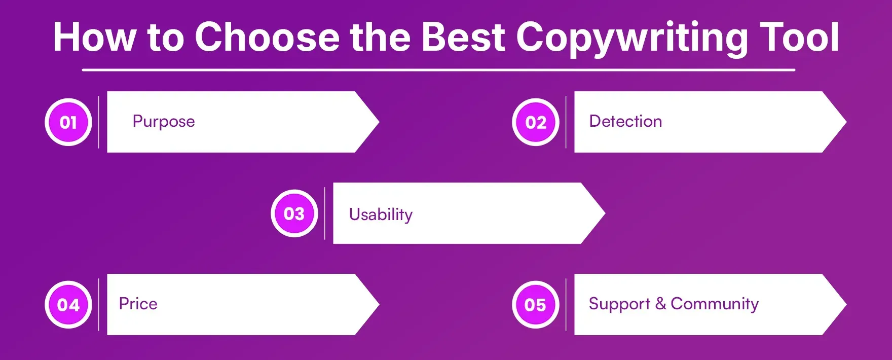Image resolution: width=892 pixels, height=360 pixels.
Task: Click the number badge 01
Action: (x=68, y=122)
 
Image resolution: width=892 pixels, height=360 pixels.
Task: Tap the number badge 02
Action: (x=536, y=122)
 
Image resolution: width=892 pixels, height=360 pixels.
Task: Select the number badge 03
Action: (x=294, y=213)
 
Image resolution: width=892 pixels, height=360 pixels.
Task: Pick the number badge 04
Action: (x=68, y=305)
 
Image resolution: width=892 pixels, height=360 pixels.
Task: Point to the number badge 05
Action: (x=536, y=305)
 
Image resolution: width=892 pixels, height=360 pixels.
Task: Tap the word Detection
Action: (x=625, y=121)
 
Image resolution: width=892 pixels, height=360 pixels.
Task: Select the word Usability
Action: (x=381, y=214)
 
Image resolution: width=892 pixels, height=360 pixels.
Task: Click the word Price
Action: (x=138, y=304)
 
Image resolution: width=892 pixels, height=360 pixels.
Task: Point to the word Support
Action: (x=619, y=304)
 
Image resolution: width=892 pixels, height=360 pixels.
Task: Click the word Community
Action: (x=715, y=304)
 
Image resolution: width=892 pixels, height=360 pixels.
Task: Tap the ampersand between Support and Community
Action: (x=660, y=304)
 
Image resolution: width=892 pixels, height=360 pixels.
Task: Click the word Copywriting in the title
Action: (x=631, y=38)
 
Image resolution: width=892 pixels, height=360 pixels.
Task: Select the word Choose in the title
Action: (x=267, y=37)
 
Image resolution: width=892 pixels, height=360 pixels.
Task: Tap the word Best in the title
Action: (x=463, y=37)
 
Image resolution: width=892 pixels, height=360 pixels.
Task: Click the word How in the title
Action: (x=95, y=37)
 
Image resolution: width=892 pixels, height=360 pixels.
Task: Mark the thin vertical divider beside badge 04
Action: (x=99, y=305)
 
